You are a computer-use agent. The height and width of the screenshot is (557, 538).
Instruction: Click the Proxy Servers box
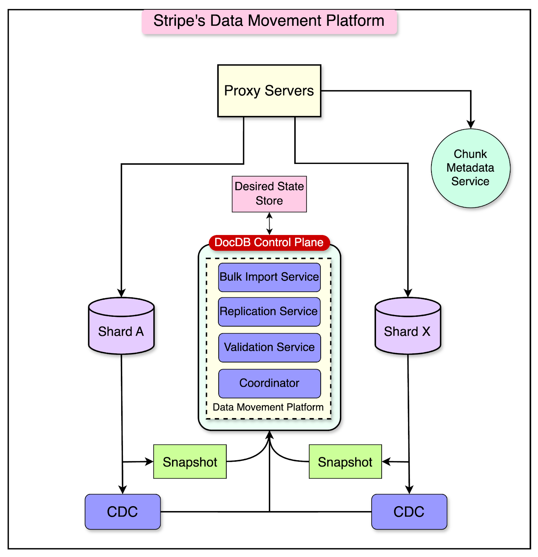(x=269, y=91)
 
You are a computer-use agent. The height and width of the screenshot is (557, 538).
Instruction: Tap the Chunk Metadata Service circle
(x=470, y=168)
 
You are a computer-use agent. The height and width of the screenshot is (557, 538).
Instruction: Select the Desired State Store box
(x=269, y=194)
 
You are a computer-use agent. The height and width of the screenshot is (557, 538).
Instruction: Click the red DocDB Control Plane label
(x=269, y=242)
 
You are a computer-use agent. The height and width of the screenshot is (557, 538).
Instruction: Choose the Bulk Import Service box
(x=269, y=277)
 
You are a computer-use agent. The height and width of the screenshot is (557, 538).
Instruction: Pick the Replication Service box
(x=269, y=312)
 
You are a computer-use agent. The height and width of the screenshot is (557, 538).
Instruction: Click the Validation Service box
(x=269, y=347)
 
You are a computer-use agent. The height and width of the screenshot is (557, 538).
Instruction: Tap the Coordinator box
(x=269, y=383)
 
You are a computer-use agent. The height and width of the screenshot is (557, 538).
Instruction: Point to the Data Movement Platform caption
(x=268, y=407)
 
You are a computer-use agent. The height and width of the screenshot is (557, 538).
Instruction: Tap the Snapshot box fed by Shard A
(x=190, y=462)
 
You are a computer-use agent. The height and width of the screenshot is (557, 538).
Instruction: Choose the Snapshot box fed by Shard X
(x=345, y=462)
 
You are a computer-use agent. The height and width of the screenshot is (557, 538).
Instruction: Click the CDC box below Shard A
(x=123, y=512)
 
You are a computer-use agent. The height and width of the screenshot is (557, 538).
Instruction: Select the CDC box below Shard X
(x=409, y=512)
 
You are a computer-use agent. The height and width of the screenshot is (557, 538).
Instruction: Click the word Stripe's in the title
(x=179, y=21)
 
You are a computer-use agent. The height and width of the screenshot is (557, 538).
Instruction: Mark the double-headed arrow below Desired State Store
(x=269, y=223)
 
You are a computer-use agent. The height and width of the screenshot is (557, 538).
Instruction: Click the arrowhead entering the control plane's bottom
(x=269, y=435)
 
